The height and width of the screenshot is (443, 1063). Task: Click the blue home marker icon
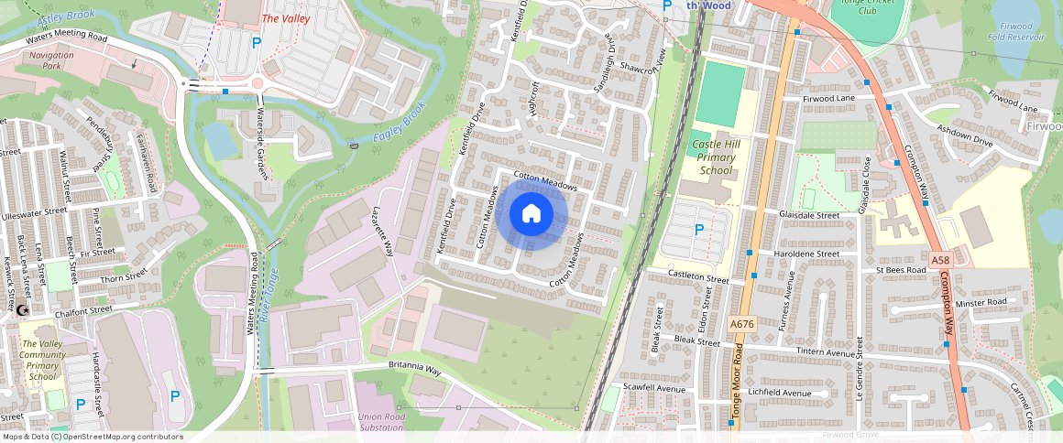click(530, 214)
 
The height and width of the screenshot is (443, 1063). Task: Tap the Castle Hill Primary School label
click(716, 157)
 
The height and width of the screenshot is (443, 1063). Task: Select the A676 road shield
click(741, 324)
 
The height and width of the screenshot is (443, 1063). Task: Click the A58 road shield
click(939, 261)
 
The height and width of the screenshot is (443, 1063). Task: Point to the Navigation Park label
click(51, 60)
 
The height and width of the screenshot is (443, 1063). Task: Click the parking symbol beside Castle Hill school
click(699, 231)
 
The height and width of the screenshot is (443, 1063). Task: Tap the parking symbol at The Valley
click(257, 43)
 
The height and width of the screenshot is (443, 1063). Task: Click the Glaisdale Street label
click(809, 215)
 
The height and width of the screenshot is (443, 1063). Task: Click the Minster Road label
click(981, 302)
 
